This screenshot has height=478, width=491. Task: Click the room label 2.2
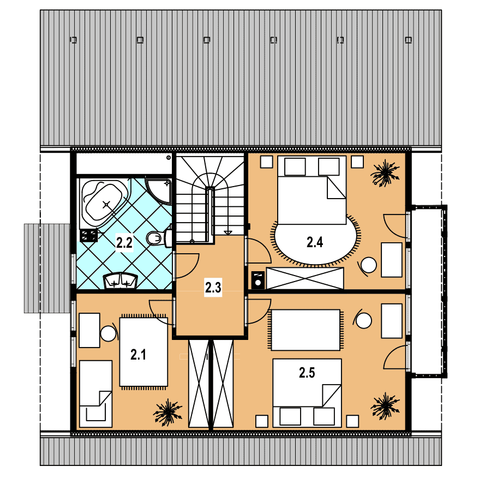tap(124, 243)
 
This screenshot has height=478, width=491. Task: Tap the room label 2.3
tap(213, 287)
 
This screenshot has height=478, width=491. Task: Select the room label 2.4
tap(315, 242)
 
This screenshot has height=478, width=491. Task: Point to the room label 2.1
tap(138, 355)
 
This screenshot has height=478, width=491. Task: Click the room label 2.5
tap(307, 373)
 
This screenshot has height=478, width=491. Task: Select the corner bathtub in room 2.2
tap(105, 203)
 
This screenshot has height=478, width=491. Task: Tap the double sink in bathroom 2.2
tap(121, 281)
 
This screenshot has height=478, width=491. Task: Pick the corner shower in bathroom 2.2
tap(159, 191)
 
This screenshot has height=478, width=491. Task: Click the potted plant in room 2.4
tap(385, 174)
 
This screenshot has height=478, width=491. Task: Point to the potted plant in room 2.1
tap(167, 412)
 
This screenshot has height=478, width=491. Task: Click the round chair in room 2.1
tap(109, 333)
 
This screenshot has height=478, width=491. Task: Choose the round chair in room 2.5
tap(363, 320)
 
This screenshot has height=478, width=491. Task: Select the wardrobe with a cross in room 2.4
tap(304, 278)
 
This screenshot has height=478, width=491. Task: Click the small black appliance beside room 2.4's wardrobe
tap(258, 280)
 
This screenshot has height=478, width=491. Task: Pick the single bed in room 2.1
tap(96, 394)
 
